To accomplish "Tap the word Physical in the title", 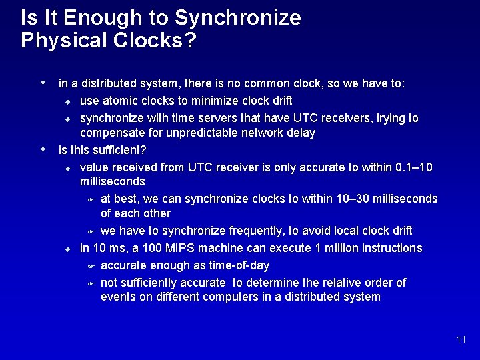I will coord(59,41).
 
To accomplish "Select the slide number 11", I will coord(461,340).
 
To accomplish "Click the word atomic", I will coord(119,101).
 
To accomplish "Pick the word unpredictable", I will coord(196,133).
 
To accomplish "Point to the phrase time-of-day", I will coord(237,265).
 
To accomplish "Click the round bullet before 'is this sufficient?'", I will coord(43,147).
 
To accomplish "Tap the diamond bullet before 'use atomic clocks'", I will coord(67,102).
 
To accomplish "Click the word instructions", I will coord(389,248).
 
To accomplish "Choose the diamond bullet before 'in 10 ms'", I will coord(67,249).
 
